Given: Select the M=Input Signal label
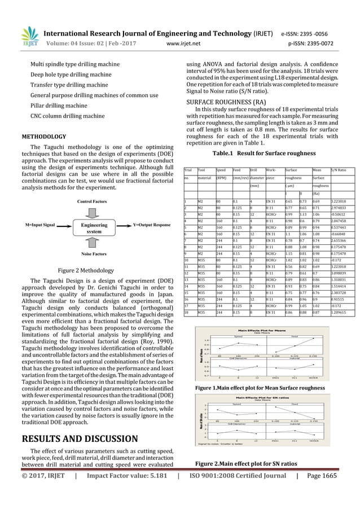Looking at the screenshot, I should (40, 225).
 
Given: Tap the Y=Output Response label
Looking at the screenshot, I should (144, 225).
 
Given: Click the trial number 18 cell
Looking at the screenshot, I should (187, 312).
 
